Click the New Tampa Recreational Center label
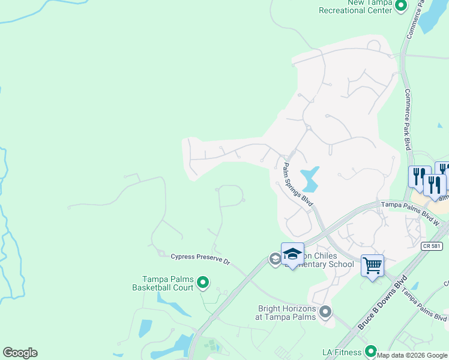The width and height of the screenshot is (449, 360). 355,7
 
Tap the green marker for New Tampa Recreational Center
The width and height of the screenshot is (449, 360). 402,6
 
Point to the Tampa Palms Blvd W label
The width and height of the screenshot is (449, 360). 411,205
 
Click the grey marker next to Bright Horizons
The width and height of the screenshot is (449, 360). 325,311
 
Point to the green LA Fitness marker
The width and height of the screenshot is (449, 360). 370,351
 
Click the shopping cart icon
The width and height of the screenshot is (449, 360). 372,264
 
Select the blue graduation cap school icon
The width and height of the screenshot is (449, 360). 292,254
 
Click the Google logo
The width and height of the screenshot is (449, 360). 20,353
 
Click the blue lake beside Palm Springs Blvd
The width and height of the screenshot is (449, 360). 310,179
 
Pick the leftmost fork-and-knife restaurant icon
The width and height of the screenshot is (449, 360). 420,176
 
